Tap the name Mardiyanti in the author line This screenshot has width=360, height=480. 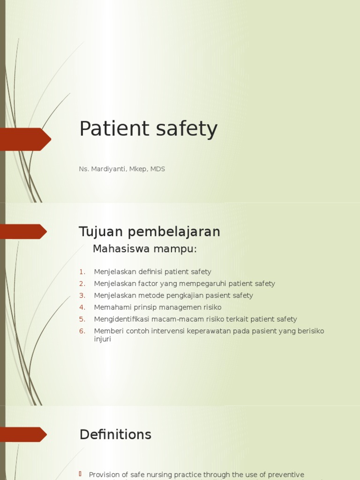[107, 169]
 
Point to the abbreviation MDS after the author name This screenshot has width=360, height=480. [157, 169]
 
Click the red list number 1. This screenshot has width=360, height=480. [82, 272]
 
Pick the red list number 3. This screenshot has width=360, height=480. [82, 295]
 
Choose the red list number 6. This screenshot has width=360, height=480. [82, 331]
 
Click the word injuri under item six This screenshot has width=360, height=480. [102, 339]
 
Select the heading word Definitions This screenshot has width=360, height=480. [115, 435]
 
